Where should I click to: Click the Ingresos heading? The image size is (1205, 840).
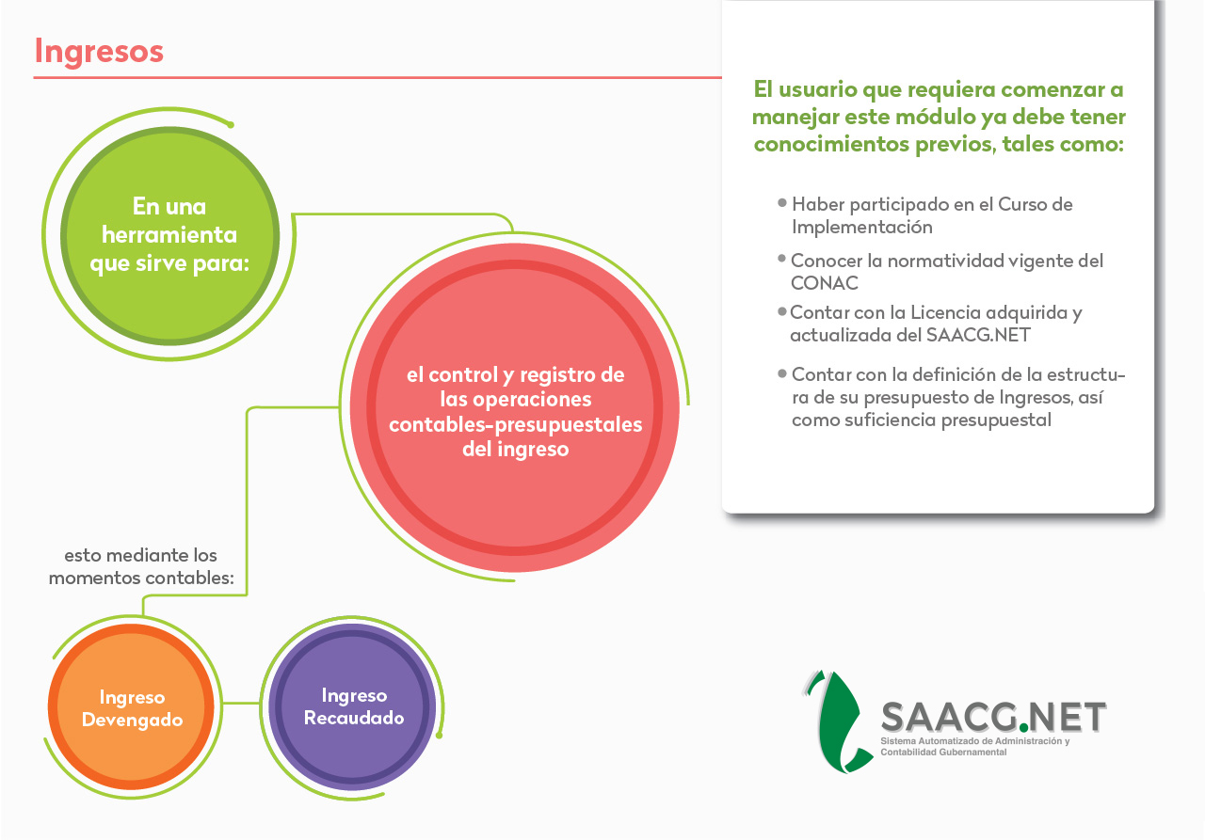[99, 52]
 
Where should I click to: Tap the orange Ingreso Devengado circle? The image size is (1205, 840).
[131, 706]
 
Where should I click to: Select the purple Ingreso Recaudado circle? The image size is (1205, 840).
[353, 706]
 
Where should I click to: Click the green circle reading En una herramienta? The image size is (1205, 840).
[169, 235]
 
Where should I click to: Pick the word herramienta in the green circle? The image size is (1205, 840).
[169, 235]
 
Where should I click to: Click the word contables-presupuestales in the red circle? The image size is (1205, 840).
[515, 424]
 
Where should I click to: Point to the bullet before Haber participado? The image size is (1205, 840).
[782, 202]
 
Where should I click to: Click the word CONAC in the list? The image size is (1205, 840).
[824, 283]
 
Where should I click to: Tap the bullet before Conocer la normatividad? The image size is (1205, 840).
[782, 259]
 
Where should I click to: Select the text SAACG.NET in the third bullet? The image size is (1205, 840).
[978, 335]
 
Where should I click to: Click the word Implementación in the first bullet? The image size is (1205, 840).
[861, 228]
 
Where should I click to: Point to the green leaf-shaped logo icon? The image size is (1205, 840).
[838, 721]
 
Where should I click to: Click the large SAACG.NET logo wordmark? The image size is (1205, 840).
[993, 717]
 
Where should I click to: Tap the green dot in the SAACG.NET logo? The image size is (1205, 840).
[1023, 728]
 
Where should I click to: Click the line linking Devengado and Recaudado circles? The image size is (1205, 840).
[242, 703]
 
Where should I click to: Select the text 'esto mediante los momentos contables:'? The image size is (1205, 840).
[141, 566]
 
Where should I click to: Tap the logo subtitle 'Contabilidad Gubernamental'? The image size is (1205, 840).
[943, 752]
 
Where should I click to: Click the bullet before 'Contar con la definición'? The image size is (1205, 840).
[782, 373]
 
